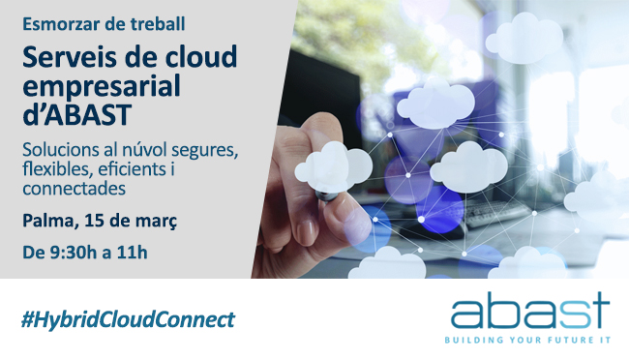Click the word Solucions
62,152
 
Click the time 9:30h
79,254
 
